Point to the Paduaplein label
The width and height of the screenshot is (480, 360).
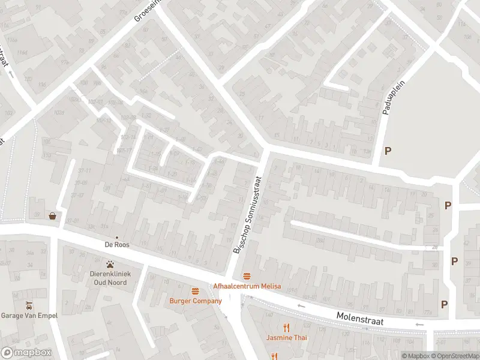[x=387, y=100]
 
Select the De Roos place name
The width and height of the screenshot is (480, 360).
[x=117, y=245]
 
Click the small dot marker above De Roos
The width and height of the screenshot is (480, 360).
[x=117, y=237]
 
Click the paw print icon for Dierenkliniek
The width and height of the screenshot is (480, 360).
[x=110, y=264]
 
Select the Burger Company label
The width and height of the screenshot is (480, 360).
[x=195, y=301]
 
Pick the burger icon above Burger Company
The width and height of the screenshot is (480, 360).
[x=195, y=291]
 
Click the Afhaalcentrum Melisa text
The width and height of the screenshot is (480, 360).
[x=247, y=286]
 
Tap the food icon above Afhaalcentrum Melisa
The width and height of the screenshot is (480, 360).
[x=247, y=276]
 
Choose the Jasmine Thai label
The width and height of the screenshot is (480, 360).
[x=287, y=338]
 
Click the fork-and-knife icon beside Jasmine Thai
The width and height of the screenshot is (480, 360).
[x=287, y=328]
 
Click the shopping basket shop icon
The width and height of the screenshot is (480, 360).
[x=53, y=216]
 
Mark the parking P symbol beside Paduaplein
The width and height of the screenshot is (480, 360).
[x=388, y=151]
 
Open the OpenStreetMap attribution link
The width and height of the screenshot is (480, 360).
[x=455, y=356]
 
